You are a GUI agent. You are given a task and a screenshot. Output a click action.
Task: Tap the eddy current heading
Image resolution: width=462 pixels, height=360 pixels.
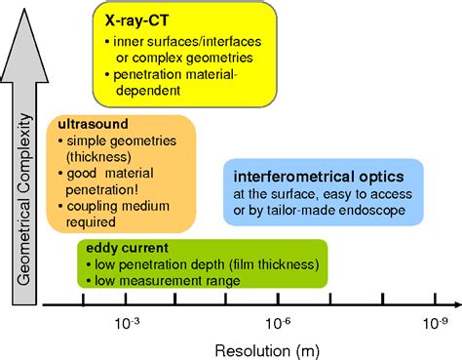(x=121, y=247)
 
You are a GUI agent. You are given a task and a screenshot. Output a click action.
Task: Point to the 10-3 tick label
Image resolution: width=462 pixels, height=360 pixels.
(x=128, y=321)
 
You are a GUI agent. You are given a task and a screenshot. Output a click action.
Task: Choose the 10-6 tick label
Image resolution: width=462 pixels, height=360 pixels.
(x=283, y=321)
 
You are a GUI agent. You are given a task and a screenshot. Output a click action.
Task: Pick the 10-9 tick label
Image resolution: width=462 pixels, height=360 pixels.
(x=435, y=321)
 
